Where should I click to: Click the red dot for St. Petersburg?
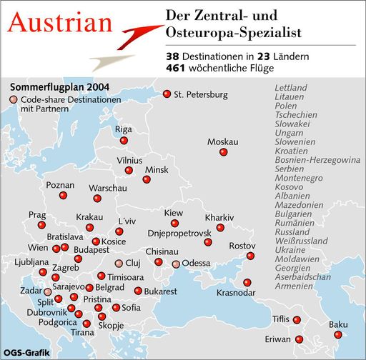coord(167,94)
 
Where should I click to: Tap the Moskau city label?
coord(222,142)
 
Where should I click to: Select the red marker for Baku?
coord(338,334)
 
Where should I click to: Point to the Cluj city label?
coord(134,263)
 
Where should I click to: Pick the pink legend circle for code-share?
coord(14,101)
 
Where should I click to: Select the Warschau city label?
coord(107,188)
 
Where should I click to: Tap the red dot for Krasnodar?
coord(247,282)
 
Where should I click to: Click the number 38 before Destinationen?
coord(172,55)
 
